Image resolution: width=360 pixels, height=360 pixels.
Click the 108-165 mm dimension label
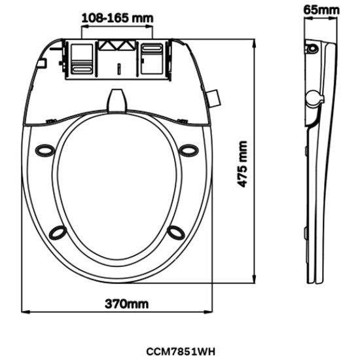117,18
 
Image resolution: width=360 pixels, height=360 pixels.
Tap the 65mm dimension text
321,10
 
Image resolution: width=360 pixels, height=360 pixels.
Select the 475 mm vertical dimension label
242,164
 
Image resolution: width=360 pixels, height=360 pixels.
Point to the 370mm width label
126,304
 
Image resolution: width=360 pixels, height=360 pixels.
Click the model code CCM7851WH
181,351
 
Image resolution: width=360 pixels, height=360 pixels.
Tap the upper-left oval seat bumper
45,151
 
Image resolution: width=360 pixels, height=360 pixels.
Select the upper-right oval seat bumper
189,151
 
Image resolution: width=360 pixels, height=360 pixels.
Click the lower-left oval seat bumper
58,232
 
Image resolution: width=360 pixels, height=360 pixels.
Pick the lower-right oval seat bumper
176,232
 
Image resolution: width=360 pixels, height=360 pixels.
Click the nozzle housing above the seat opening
117,101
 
